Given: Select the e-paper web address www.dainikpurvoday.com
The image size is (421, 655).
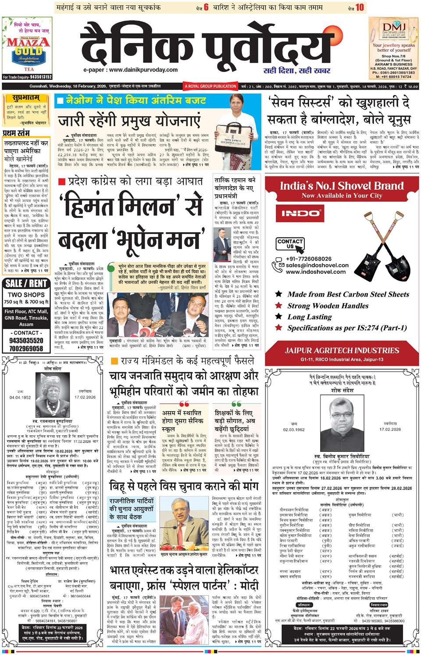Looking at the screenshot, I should pos(131,70).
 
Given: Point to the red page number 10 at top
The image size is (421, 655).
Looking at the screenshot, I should pos(360,7).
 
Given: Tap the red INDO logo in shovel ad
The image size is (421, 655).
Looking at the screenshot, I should pos(300,213).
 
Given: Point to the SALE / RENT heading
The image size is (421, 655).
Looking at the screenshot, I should pos(26,283).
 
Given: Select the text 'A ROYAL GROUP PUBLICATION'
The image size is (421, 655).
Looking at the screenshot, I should pos(210,86).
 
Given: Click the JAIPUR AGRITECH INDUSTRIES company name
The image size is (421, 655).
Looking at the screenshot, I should pos(342,351).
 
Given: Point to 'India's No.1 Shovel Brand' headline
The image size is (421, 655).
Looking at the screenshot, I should pos(342,185).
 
